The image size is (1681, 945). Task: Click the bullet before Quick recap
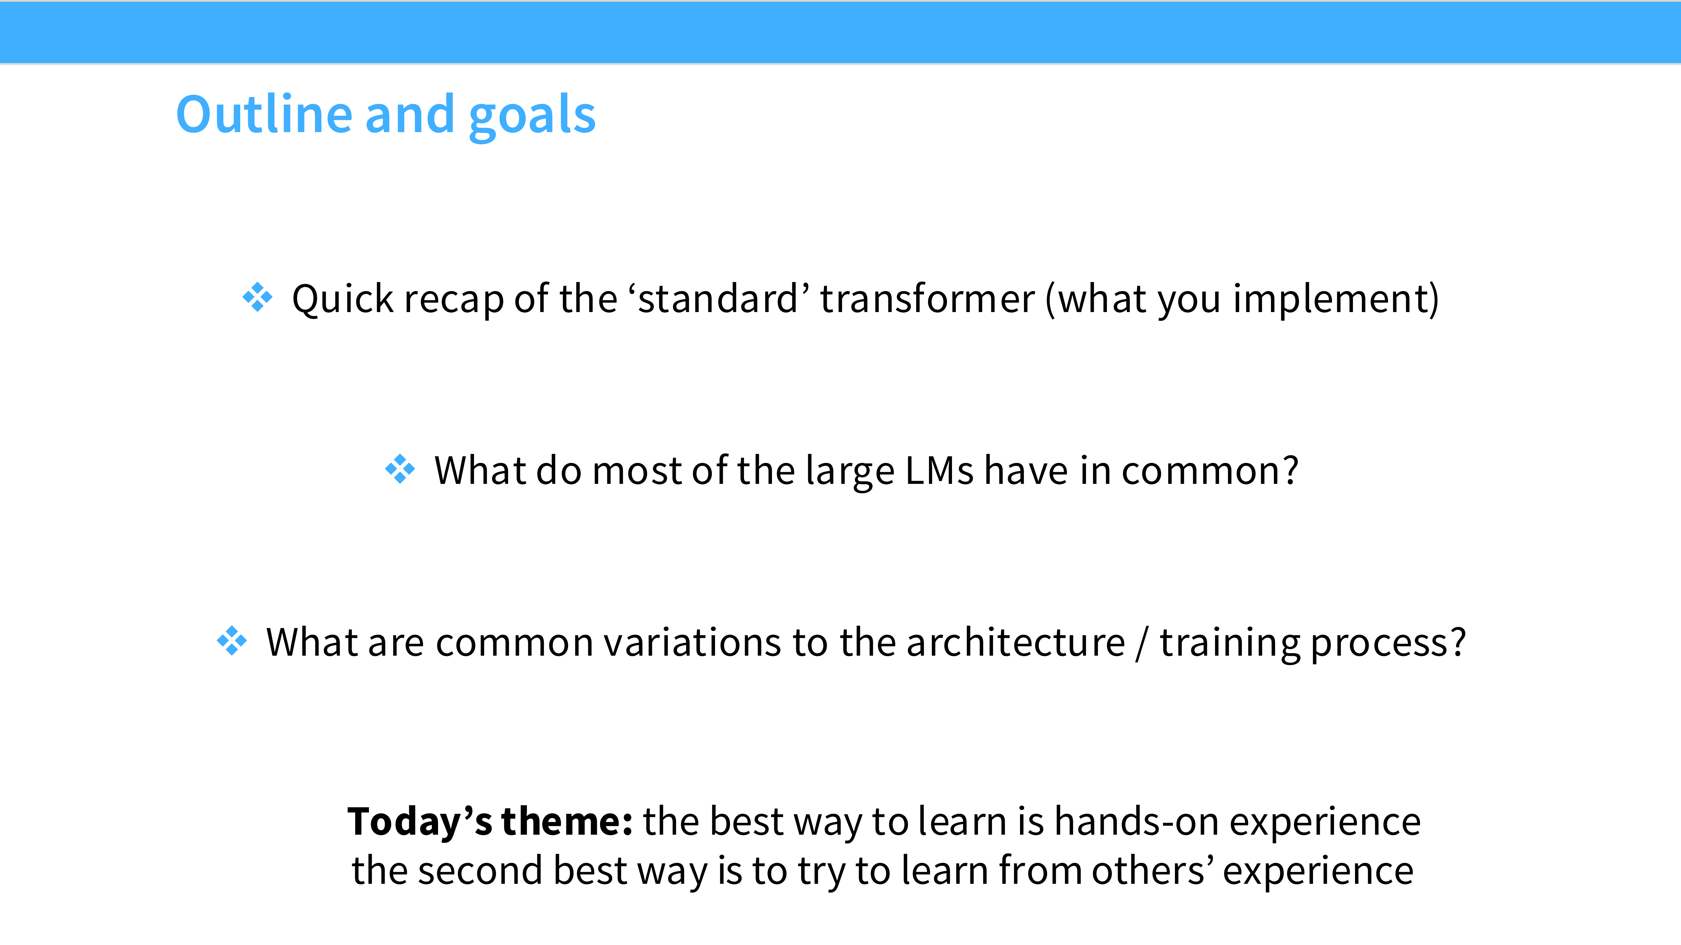point(258,297)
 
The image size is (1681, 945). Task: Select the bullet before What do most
point(400,469)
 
